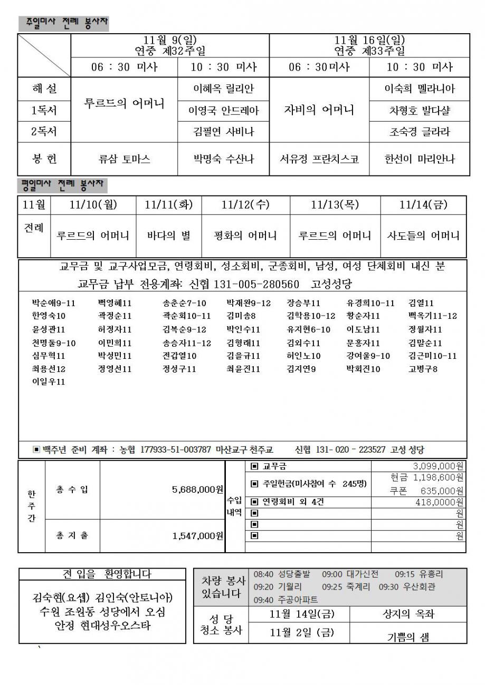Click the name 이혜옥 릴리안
223,89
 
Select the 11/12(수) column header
245,205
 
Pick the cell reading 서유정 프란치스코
319,159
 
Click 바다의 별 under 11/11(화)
169,236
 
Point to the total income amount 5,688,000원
198,490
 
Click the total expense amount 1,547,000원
198,536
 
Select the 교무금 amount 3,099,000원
438,466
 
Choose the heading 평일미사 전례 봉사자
63,185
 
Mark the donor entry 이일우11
49,381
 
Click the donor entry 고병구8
423,369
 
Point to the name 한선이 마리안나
420,159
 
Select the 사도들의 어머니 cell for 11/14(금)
424,236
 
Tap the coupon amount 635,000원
442,491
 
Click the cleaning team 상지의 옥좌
408,614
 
